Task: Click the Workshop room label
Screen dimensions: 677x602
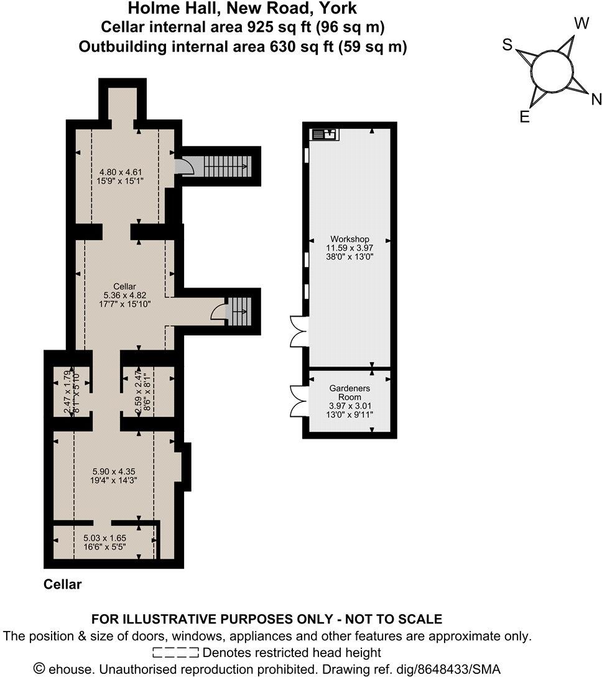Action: point(350,239)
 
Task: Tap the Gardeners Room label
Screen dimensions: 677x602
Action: point(350,393)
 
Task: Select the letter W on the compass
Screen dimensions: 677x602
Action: point(581,24)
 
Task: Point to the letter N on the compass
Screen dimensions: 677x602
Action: point(596,99)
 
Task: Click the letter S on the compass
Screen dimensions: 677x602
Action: point(508,45)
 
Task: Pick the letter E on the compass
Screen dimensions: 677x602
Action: point(524,118)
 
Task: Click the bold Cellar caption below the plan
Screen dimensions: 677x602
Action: point(62,585)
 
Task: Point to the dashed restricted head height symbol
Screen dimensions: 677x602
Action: point(175,653)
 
